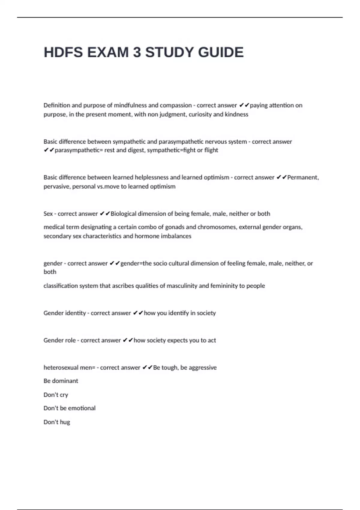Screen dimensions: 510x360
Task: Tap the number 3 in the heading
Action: [136, 52]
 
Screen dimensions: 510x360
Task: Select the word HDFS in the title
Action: [63, 52]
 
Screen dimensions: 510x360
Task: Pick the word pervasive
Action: [58, 186]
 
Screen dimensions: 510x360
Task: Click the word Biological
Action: [123, 214]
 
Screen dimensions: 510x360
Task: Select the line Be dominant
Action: [61, 381]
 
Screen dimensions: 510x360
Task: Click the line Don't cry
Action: [56, 395]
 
